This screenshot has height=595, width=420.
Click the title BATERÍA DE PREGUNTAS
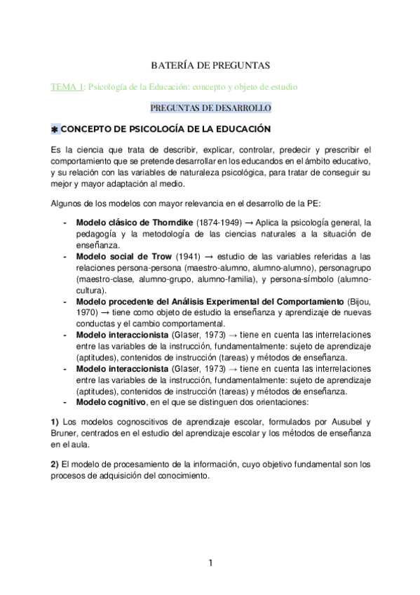tap(210, 65)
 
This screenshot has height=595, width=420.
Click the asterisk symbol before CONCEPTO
tap(56, 130)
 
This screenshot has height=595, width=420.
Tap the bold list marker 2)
tap(56, 464)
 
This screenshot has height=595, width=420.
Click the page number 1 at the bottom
tap(210, 563)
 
